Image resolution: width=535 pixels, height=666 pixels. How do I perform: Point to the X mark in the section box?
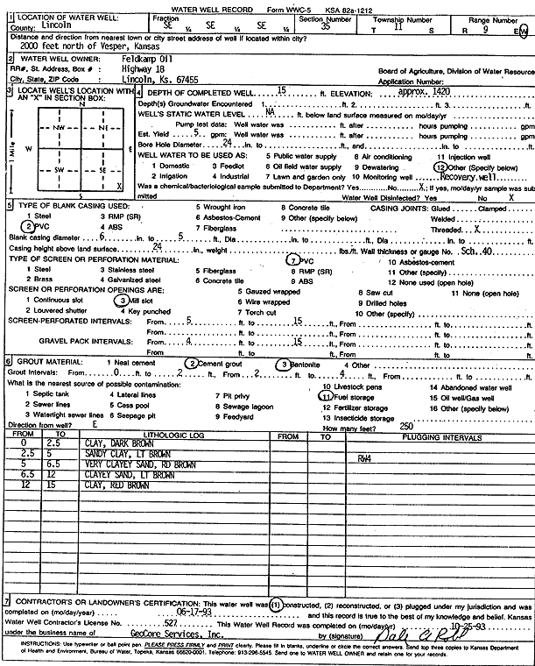pyautogui.click(x=117, y=187)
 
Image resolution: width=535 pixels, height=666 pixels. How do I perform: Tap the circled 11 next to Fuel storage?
pyautogui.click(x=326, y=396)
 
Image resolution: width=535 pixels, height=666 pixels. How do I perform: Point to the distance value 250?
pyautogui.click(x=406, y=426)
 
